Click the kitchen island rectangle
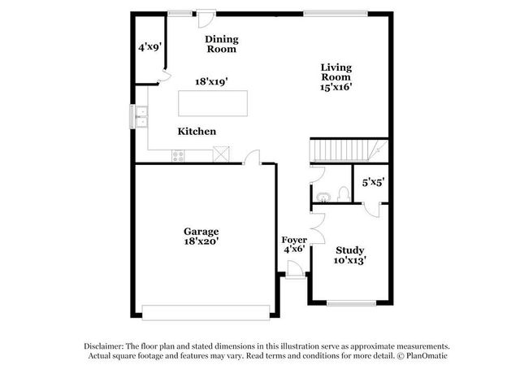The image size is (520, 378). [212, 105]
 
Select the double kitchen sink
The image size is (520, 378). [141, 117]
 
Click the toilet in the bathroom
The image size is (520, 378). [344, 194]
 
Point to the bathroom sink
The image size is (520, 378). [323, 195]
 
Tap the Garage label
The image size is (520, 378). [201, 231]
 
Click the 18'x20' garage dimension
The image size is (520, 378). [201, 241]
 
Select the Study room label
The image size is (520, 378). [349, 250]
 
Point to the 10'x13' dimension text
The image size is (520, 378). [349, 261]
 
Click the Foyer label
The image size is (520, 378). [294, 240]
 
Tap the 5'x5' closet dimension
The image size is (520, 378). [373, 182]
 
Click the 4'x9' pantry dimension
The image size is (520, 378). [149, 47]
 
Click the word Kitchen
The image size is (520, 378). [197, 131]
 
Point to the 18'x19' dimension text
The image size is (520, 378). [210, 81]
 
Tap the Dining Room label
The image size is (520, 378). [220, 44]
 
